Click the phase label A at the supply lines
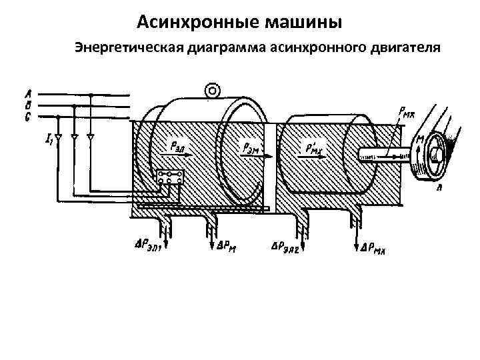click(x=27, y=94)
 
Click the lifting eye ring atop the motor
click(x=213, y=89)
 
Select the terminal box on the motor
click(x=171, y=179)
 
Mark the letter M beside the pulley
click(x=421, y=139)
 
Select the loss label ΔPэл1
click(x=148, y=243)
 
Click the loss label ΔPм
click(x=227, y=245)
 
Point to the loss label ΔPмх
click(x=373, y=249)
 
